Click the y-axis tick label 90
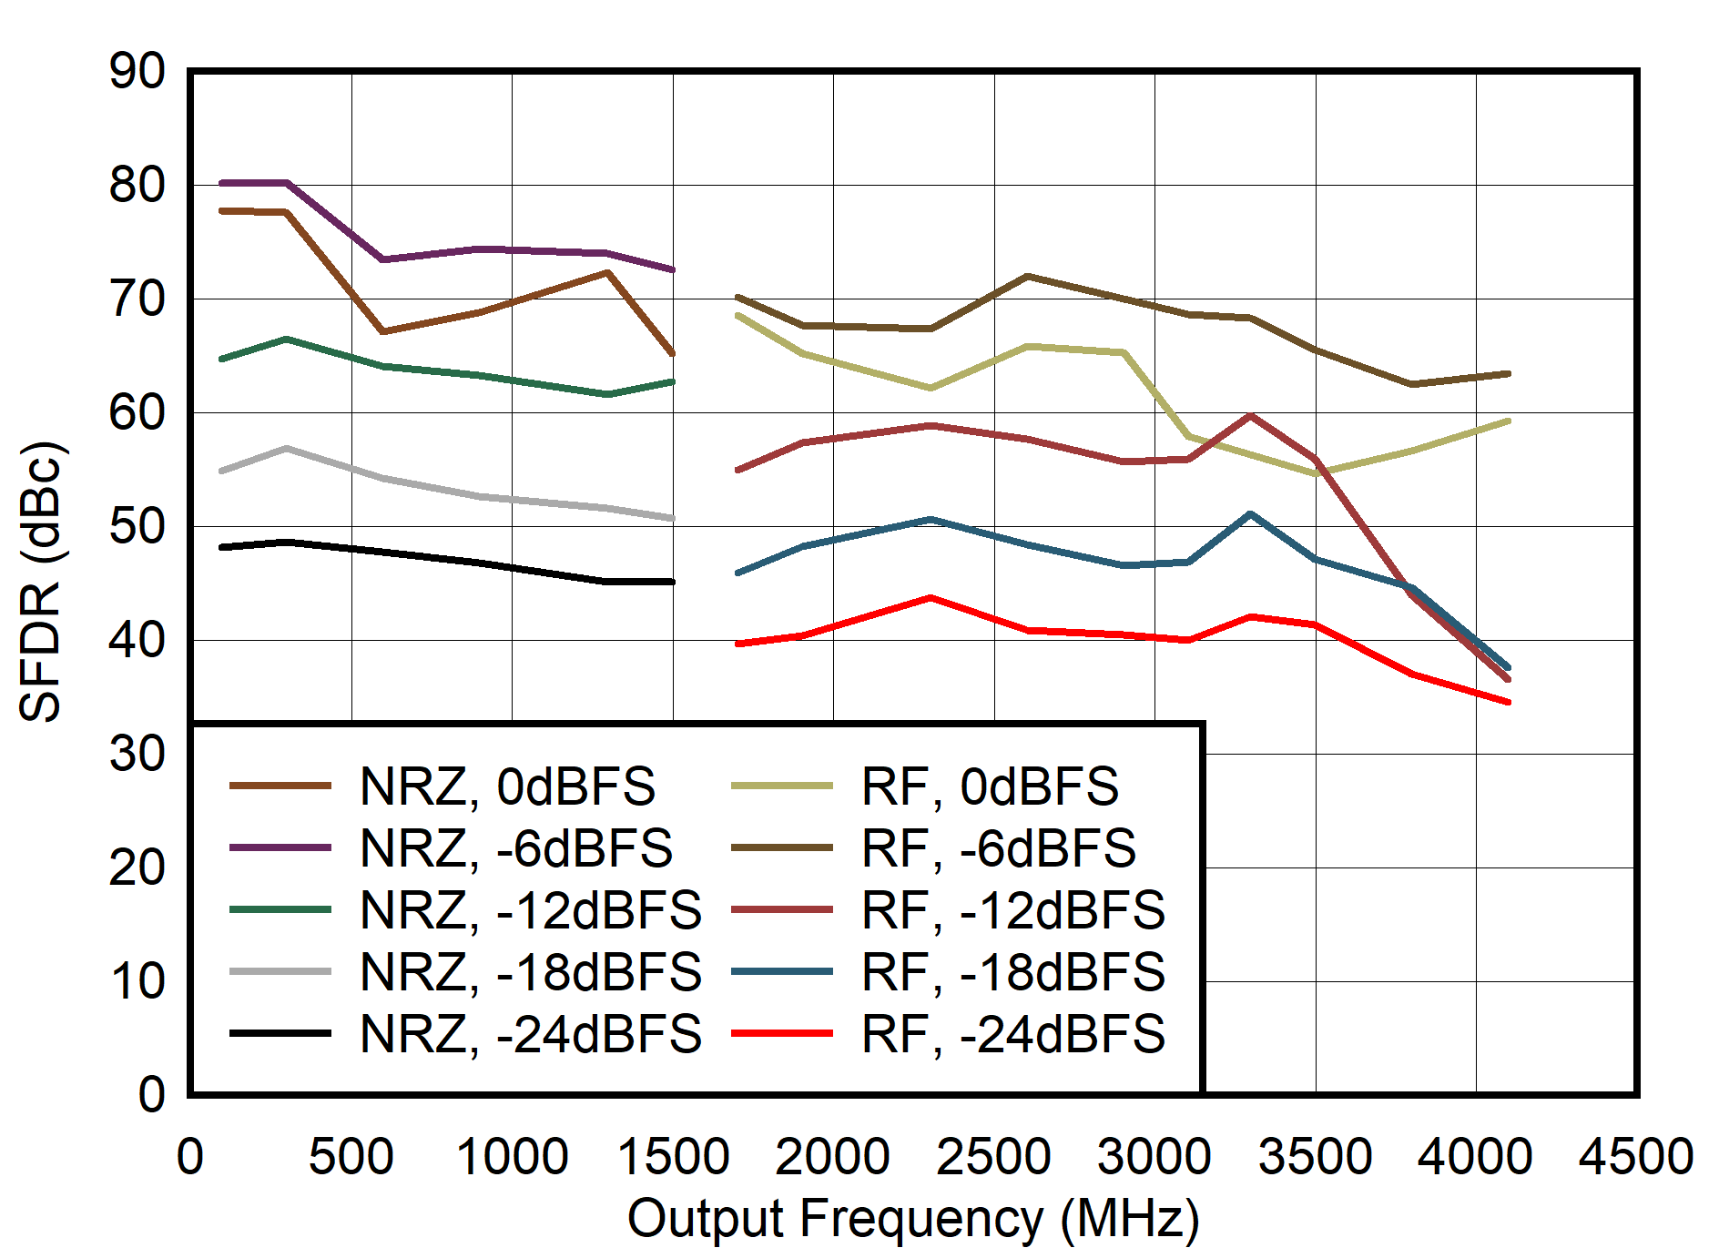tap(137, 71)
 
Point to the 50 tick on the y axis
tap(137, 526)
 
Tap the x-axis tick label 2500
tap(993, 1157)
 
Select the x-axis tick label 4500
tap(1636, 1157)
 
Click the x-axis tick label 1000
tap(512, 1157)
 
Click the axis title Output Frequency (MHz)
tap(913, 1219)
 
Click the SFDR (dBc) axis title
tap(40, 583)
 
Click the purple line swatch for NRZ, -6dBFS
tap(280, 847)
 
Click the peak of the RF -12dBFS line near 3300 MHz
tap(1251, 416)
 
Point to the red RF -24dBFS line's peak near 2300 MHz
tap(930, 598)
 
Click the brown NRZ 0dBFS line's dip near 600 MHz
tap(383, 331)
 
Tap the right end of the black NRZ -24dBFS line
tap(672, 582)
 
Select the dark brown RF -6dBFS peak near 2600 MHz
tap(1026, 276)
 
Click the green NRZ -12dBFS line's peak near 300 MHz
tap(287, 340)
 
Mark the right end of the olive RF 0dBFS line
tap(1509, 421)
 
